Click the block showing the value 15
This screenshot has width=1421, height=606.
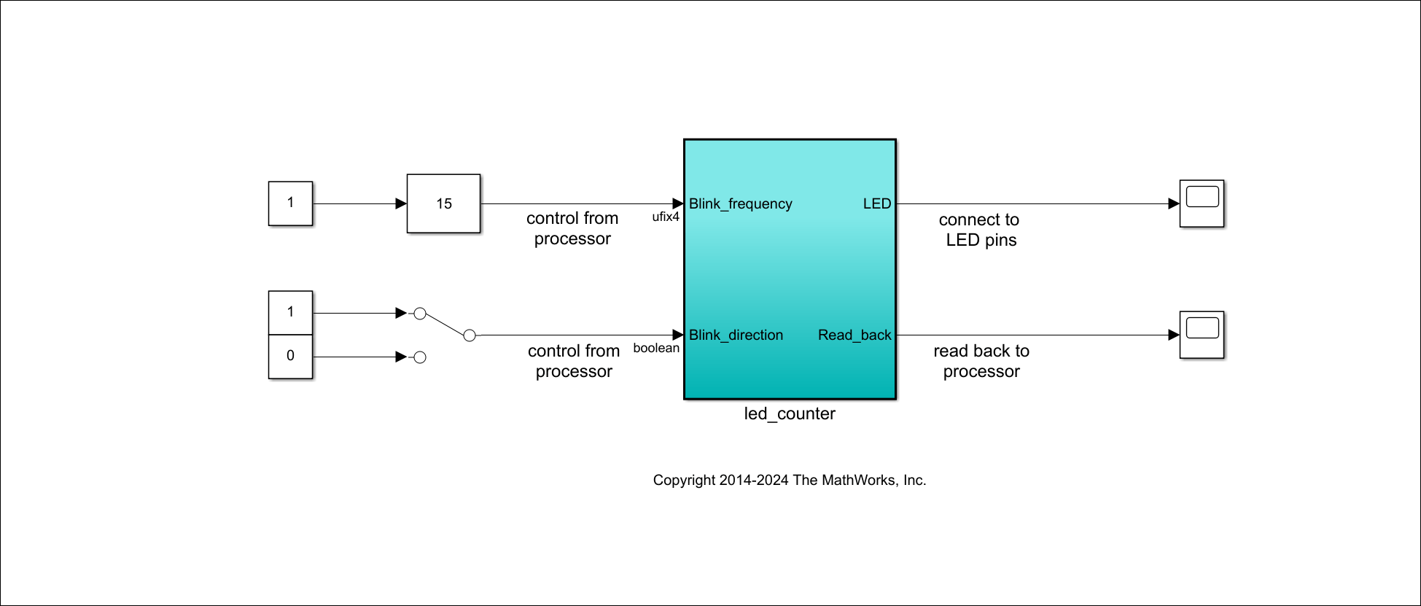point(443,203)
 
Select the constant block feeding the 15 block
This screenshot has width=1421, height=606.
point(290,203)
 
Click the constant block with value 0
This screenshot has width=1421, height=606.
point(290,357)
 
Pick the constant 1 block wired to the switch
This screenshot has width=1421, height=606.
point(290,313)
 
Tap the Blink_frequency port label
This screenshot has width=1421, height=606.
point(740,204)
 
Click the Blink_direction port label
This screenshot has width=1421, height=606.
point(736,335)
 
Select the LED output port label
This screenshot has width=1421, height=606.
point(876,204)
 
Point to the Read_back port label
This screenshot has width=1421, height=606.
point(854,335)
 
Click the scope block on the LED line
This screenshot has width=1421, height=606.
point(1202,203)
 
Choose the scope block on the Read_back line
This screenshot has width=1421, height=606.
point(1202,335)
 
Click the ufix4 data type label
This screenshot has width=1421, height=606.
point(665,217)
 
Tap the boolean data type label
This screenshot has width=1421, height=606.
point(655,349)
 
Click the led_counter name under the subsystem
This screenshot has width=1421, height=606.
point(790,414)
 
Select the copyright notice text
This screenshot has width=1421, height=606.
point(789,481)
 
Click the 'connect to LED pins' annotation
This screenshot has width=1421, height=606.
point(980,230)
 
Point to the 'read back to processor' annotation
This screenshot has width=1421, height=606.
point(981,361)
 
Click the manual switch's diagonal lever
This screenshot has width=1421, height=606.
point(445,325)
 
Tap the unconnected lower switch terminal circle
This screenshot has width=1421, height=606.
point(420,357)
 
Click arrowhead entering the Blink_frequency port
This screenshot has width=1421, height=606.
point(677,203)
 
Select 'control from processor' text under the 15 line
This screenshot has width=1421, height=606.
point(572,228)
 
